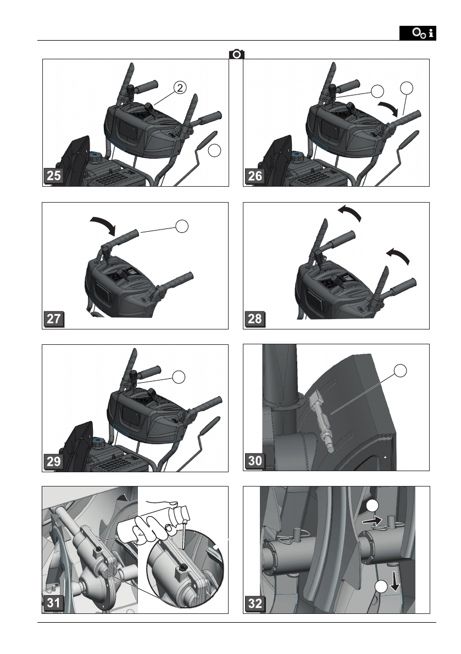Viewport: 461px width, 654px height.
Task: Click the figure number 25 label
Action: click(53, 176)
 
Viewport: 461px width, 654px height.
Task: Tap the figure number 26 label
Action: click(254, 176)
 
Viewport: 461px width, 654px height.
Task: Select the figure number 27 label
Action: click(53, 318)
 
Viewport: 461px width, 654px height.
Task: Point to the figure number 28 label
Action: click(254, 318)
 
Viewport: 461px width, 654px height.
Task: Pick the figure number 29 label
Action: click(53, 461)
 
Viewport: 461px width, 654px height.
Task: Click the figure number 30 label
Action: click(254, 461)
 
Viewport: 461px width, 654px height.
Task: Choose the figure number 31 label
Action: click(53, 603)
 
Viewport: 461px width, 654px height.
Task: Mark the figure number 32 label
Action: click(254, 603)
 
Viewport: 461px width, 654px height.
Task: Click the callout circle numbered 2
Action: click(180, 88)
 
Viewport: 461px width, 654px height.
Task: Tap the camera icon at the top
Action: click(237, 54)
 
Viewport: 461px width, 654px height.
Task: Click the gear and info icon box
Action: click(418, 33)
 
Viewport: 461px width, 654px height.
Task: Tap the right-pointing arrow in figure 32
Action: click(372, 520)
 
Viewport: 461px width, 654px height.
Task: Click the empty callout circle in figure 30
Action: click(400, 370)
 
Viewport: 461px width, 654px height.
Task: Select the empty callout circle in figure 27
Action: click(182, 226)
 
